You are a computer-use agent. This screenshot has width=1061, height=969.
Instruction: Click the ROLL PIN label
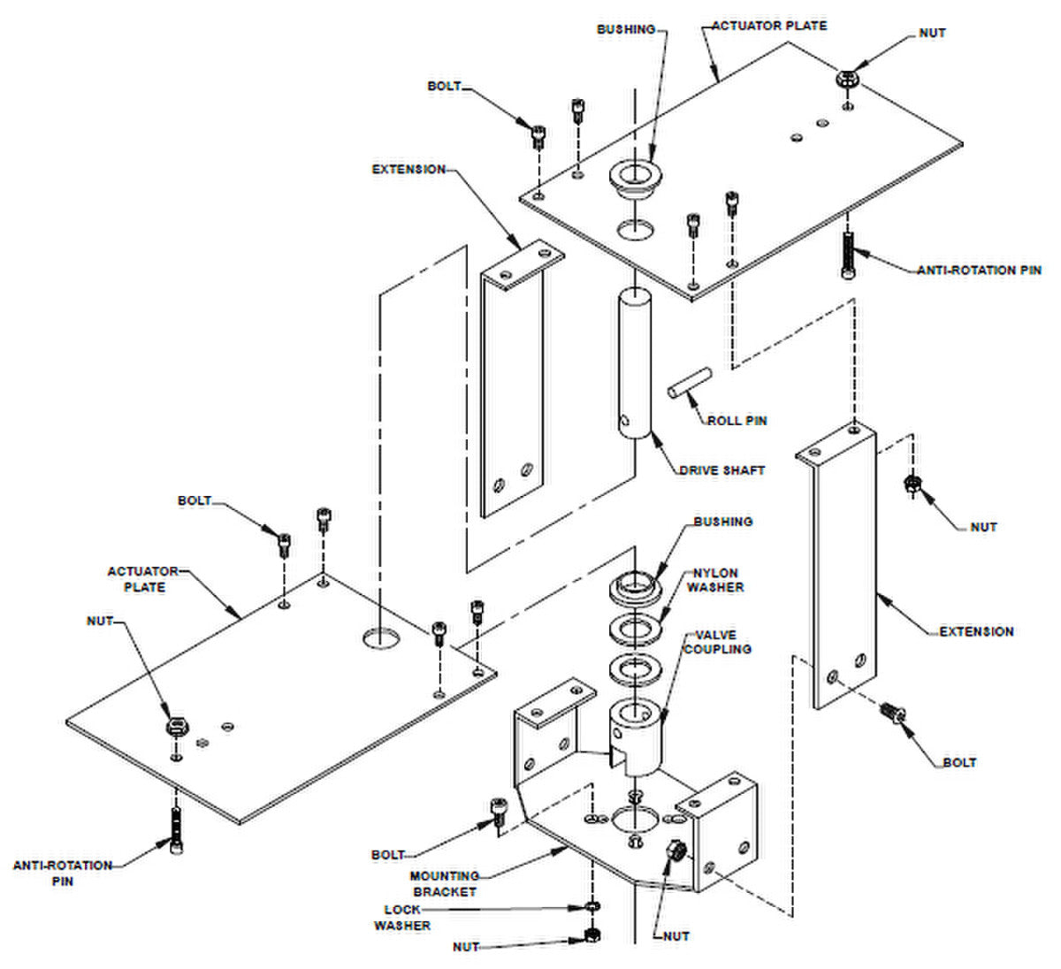[737, 421]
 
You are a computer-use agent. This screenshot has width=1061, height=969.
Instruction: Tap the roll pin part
[689, 383]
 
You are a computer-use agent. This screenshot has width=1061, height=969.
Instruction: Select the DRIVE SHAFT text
[722, 470]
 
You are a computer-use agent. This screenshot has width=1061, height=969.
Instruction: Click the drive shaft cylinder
[635, 362]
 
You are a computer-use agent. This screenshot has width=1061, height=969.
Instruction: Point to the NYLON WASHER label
[715, 580]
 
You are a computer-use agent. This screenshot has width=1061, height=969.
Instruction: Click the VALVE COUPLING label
[718, 642]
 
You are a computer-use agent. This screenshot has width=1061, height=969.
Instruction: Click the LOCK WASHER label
[402, 918]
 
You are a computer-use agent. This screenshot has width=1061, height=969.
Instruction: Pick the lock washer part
[593, 906]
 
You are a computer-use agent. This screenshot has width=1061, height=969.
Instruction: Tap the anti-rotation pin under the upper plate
[847, 255]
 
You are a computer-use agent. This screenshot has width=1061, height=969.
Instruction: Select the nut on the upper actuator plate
[848, 80]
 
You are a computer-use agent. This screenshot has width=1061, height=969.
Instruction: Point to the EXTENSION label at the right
[976, 631]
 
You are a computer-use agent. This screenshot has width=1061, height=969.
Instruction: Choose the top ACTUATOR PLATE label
[769, 26]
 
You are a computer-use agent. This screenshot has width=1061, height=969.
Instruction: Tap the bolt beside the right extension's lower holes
[892, 713]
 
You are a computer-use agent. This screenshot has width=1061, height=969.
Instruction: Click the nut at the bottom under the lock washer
[592, 935]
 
